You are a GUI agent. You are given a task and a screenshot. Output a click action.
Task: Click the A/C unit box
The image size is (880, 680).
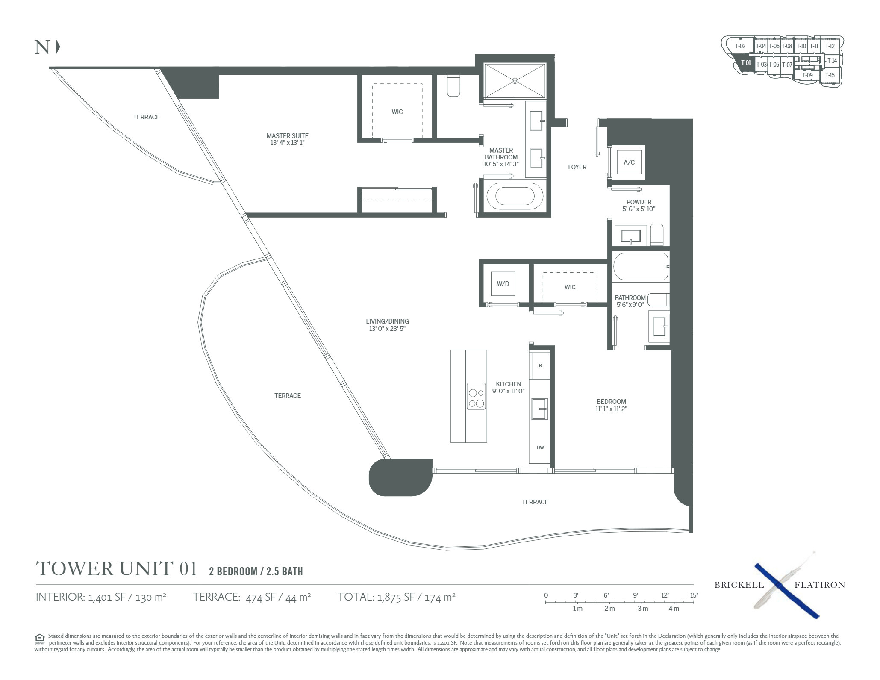tap(629, 162)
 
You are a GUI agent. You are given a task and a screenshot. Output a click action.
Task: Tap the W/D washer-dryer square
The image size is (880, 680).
tap(503, 283)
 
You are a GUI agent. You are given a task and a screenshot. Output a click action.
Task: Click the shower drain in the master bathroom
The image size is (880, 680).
tap(515, 80)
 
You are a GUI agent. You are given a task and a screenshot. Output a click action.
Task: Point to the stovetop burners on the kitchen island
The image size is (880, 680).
tap(476, 397)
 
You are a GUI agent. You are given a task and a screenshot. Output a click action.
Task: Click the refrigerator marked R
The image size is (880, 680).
tap(540, 365)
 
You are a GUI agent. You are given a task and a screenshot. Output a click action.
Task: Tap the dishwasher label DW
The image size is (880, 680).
tap(540, 447)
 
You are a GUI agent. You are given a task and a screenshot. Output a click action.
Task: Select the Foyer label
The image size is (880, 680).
tap(577, 167)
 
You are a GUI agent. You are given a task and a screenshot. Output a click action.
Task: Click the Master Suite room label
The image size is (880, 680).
tap(287, 136)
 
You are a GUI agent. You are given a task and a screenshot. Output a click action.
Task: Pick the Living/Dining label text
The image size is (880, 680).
tap(387, 321)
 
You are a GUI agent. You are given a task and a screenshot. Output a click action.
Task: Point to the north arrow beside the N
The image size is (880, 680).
tap(58, 47)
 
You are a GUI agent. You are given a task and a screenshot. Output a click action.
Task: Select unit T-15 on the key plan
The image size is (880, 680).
tap(830, 75)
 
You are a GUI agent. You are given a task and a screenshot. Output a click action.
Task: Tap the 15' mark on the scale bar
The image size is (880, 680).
tap(693, 595)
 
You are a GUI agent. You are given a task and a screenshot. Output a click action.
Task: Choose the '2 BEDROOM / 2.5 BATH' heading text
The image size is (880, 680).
tap(256, 571)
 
